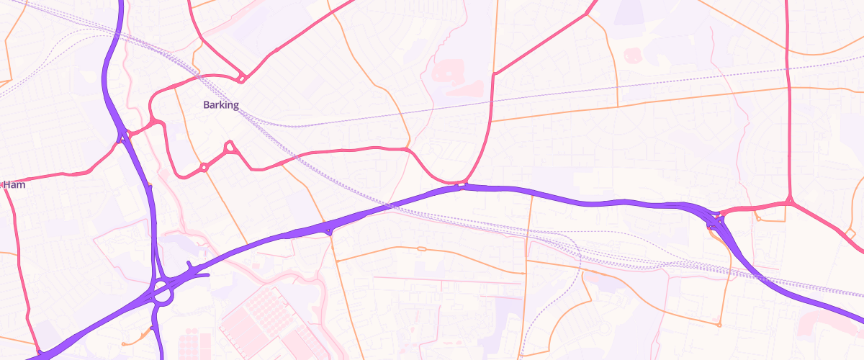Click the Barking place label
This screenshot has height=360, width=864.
(220, 105)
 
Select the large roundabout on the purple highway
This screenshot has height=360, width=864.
(162, 292)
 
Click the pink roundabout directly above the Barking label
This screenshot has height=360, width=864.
(243, 78)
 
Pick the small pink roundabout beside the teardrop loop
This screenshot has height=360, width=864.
(204, 167)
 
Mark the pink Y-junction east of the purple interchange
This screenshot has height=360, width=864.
(790, 202)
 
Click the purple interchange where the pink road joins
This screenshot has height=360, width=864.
(716, 219)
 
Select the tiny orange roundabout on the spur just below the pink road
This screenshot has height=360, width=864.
(758, 218)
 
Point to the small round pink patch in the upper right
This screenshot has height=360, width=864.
(633, 54)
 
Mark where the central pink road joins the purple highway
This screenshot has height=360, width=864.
(462, 186)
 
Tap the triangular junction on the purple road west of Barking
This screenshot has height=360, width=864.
(125, 135)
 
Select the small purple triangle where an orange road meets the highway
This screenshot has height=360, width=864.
(329, 231)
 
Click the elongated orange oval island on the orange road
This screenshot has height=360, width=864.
(422, 249)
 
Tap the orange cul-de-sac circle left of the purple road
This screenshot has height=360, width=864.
(124, 343)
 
